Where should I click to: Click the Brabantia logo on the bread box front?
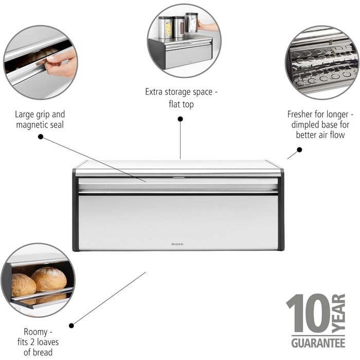177,244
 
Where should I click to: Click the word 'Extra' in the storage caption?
154,92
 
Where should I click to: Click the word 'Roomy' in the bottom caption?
35,332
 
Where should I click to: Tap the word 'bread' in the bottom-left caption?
42,352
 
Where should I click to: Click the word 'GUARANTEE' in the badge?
318,343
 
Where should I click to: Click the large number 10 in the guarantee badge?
309,313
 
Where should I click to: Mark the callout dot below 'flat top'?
181,119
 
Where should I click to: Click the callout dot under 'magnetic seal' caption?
41,137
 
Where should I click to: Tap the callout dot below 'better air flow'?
299,150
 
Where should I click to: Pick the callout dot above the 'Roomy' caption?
71,326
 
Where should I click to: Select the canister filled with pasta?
165,27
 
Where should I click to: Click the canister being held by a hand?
192,22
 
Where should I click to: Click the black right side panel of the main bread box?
281,210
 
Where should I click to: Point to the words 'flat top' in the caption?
181,104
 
